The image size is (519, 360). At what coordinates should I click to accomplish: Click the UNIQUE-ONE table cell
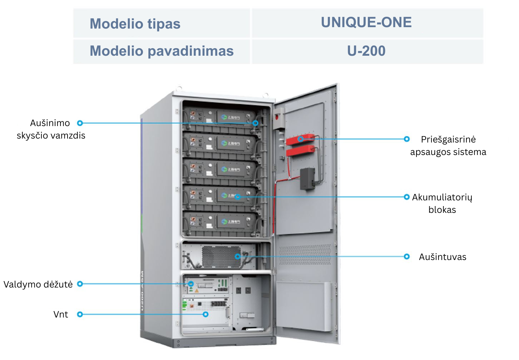tap(366, 22)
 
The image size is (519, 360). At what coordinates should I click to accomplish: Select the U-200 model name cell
tap(366, 51)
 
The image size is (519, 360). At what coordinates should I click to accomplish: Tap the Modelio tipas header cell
tap(135, 24)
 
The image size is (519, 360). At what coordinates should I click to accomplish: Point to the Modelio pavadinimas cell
tap(162, 51)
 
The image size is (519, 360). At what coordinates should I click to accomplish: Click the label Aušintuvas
tap(443, 257)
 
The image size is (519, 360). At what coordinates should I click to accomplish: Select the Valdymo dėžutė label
tap(38, 285)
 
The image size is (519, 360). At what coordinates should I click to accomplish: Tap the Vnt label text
tap(61, 315)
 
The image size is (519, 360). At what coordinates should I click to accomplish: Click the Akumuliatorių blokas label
tap(442, 204)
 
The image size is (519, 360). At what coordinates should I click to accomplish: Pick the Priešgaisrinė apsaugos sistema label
tap(448, 146)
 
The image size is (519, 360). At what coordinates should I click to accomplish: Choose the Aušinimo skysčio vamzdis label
tap(51, 129)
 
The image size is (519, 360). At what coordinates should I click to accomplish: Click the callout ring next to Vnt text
tap(80, 315)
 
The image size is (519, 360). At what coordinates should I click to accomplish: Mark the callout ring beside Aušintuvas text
tap(407, 257)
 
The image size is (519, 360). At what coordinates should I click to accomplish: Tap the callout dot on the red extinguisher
tap(301, 139)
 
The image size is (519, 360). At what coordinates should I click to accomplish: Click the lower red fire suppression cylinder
tap(300, 152)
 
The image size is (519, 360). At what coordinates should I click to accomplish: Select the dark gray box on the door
tap(307, 179)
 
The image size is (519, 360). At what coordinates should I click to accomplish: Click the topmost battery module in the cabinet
tap(220, 117)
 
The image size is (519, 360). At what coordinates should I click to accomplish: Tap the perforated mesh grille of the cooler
tap(221, 257)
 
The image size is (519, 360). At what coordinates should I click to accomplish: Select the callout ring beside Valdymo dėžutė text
tap(80, 284)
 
